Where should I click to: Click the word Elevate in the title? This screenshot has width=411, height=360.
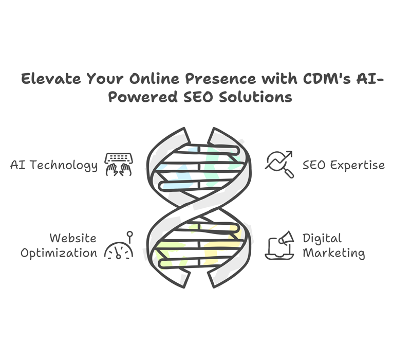pos(51,79)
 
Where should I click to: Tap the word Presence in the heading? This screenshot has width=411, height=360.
pos(220,79)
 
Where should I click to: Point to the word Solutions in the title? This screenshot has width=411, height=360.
pos(255,97)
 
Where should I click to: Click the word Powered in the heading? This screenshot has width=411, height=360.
pos(143,97)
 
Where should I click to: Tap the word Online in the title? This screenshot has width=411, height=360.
pos(154,79)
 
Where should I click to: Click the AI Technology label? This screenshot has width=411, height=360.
pos(54,166)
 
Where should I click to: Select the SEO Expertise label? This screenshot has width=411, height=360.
pos(344,165)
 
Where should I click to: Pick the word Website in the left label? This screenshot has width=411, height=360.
pos(73,238)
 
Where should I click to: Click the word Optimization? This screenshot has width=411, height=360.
pos(59,254)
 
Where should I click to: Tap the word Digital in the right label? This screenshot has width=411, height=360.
pos(322,239)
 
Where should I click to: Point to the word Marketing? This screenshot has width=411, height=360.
pos(333,254)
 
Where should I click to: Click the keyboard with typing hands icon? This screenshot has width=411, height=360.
pos(119,165)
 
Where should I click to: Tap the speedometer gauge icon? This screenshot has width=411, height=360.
pos(119,245)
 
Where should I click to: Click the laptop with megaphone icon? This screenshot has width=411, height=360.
pos(279,245)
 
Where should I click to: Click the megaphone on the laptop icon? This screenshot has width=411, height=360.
pos(286,238)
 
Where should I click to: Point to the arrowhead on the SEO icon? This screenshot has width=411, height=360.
pos(289,154)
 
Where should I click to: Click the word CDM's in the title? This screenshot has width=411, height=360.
pos(327,79)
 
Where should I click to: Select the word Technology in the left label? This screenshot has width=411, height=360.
pos(63,166)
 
